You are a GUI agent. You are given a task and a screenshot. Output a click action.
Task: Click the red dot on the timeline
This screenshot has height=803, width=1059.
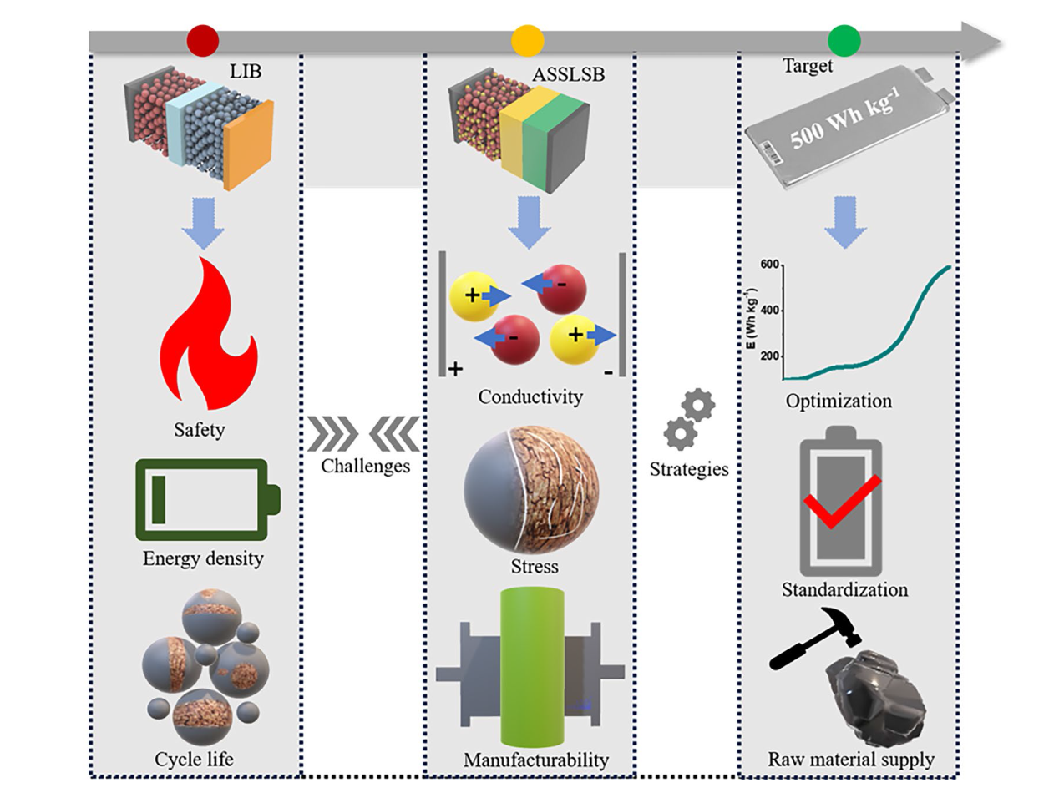203,40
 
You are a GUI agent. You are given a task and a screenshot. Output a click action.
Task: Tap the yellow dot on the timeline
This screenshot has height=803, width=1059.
527,40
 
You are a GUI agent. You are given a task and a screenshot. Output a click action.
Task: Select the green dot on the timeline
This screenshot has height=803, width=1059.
844,40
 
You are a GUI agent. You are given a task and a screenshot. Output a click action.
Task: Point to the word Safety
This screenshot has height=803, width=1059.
200,430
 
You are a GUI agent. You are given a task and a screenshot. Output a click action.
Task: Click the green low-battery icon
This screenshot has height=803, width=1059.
207,499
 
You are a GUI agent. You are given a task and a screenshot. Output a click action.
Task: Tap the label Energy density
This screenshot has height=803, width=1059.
203,558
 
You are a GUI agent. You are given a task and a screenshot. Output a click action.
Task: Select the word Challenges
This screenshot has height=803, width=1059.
365,466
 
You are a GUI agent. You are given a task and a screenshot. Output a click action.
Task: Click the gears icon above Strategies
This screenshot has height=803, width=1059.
689,420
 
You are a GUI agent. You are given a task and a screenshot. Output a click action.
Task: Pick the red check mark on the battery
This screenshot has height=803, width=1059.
841,501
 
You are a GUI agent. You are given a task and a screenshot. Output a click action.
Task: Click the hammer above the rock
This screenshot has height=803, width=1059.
815,637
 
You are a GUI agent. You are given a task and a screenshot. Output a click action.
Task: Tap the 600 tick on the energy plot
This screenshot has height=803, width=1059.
769,265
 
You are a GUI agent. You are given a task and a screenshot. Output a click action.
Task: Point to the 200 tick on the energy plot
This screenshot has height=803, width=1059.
769,356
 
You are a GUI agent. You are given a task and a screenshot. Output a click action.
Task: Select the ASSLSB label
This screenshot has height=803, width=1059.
568,74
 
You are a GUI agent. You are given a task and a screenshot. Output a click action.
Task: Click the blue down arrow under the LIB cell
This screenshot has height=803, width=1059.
203,223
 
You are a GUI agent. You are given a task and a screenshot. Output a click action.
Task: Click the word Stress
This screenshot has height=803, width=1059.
535,567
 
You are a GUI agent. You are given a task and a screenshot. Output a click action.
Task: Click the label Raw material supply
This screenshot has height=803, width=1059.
851,760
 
